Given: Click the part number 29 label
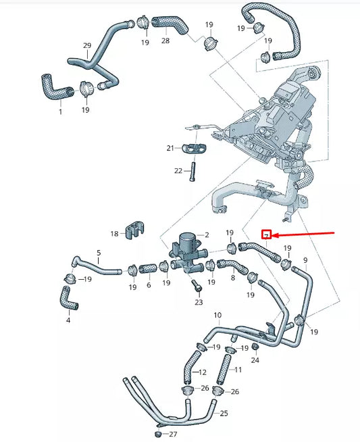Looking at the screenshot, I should [x=86, y=46].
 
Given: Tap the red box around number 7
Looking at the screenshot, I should [x=267, y=235].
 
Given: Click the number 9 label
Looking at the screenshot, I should [x=305, y=260].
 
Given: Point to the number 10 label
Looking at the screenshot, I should [x=217, y=316].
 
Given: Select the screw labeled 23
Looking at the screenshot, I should [x=197, y=287].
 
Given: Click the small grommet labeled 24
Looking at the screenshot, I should [x=256, y=347].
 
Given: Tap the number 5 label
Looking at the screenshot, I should [x=99, y=253].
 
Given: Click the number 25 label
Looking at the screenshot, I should [x=224, y=412].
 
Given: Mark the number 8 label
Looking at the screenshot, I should [x=232, y=278].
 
